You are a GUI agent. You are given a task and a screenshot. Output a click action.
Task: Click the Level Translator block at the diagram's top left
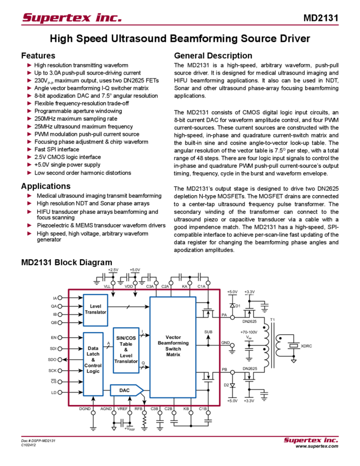pos(95,310)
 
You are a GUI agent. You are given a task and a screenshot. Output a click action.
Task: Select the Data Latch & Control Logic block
pos(92,363)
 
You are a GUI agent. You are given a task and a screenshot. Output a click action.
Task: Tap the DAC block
pos(125,390)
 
